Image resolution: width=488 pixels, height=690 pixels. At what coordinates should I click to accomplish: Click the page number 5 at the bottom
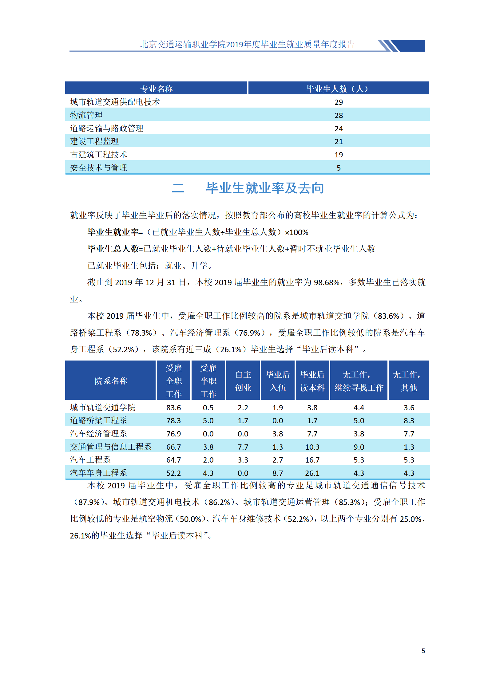423,651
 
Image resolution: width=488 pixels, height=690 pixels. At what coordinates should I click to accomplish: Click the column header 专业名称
156,89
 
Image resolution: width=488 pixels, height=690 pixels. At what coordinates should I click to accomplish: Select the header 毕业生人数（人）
338,89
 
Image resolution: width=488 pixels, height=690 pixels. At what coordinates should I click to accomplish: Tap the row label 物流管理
86,115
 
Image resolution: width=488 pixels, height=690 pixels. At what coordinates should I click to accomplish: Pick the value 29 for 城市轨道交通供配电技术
339,102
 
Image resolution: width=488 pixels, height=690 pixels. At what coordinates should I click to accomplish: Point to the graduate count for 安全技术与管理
339,168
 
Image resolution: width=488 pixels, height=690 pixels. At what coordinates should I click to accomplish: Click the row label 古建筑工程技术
98,155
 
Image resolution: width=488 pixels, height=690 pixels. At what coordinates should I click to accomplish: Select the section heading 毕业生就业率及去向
265,188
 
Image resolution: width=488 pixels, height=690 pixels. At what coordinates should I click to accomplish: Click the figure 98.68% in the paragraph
326,282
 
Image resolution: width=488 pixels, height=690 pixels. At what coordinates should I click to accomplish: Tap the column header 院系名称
111,381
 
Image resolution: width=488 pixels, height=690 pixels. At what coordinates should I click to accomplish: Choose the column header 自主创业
243,381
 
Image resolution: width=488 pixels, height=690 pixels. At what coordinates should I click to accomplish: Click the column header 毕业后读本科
312,381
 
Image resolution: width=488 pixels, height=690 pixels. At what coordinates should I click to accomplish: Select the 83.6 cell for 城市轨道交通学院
173,408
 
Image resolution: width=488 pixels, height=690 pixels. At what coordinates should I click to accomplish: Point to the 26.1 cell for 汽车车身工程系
312,473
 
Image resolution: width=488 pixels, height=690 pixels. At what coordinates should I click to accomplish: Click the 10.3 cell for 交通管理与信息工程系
312,447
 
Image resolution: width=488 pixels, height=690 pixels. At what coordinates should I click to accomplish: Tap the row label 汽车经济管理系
98,434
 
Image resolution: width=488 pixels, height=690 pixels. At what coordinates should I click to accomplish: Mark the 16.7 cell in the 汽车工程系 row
312,460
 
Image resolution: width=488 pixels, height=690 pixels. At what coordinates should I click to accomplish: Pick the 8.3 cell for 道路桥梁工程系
409,421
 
